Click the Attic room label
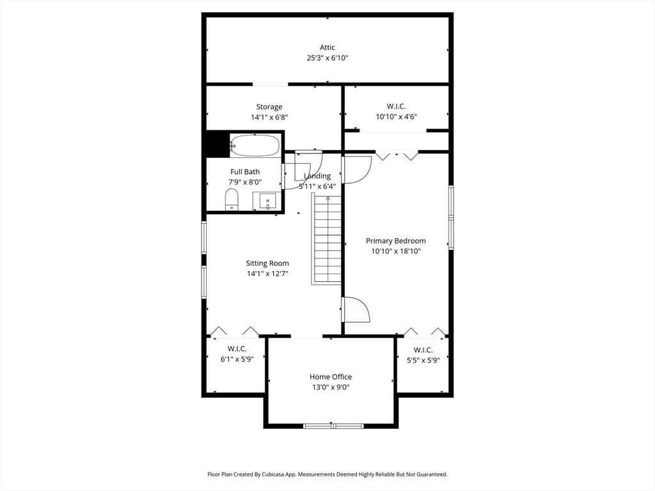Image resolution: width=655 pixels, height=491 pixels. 327,47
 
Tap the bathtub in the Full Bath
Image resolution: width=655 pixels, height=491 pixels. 255,145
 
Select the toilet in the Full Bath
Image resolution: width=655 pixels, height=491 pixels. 232,199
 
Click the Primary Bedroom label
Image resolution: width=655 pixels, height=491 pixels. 395,241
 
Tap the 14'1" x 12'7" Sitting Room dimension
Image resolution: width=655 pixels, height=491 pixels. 267,274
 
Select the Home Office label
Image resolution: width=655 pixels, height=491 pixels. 331,377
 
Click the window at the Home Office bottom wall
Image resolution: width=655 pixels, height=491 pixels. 333,426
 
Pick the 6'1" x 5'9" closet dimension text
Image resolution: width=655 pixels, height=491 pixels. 237,359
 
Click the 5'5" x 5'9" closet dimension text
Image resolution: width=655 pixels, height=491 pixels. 423,361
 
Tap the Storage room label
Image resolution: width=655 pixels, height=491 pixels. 269,107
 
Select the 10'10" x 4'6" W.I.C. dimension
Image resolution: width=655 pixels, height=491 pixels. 396,117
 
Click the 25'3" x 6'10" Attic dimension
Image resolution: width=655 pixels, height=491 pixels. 327,58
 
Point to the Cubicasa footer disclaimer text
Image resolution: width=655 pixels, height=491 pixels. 327,474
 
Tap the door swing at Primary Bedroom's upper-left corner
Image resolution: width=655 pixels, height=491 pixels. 356,169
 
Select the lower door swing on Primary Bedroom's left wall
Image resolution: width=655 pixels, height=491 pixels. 356,309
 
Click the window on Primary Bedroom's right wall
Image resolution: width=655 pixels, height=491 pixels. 451,217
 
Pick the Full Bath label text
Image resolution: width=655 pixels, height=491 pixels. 245,172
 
